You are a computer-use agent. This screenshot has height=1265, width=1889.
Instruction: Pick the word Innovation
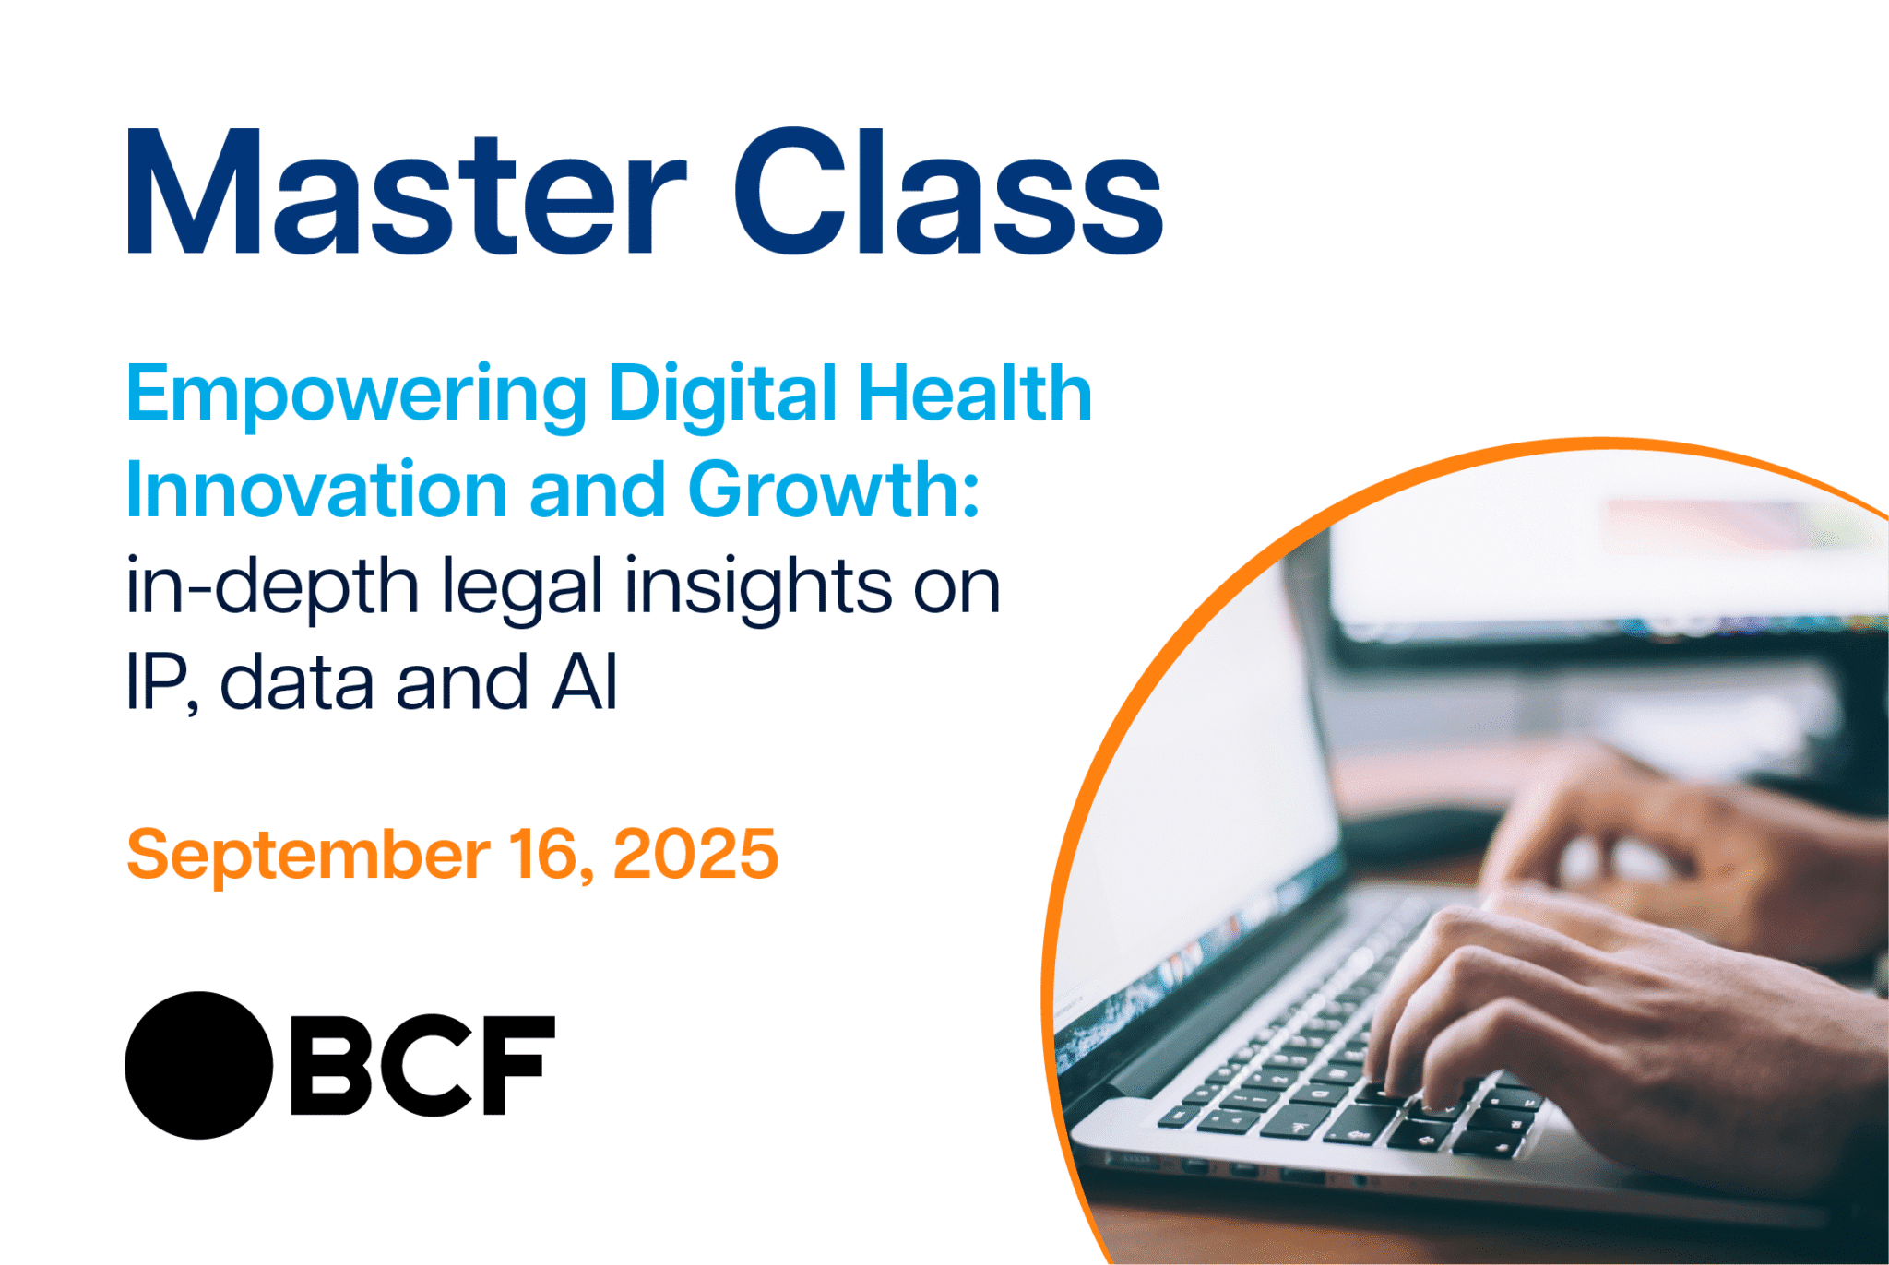pyautogui.click(x=316, y=490)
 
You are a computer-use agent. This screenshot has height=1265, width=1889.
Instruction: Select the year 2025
pyautogui.click(x=695, y=854)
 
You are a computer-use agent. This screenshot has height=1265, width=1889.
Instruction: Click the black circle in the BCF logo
pyautogui.click(x=198, y=1065)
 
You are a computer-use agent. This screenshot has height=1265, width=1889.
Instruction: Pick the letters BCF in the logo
pyautogui.click(x=422, y=1065)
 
